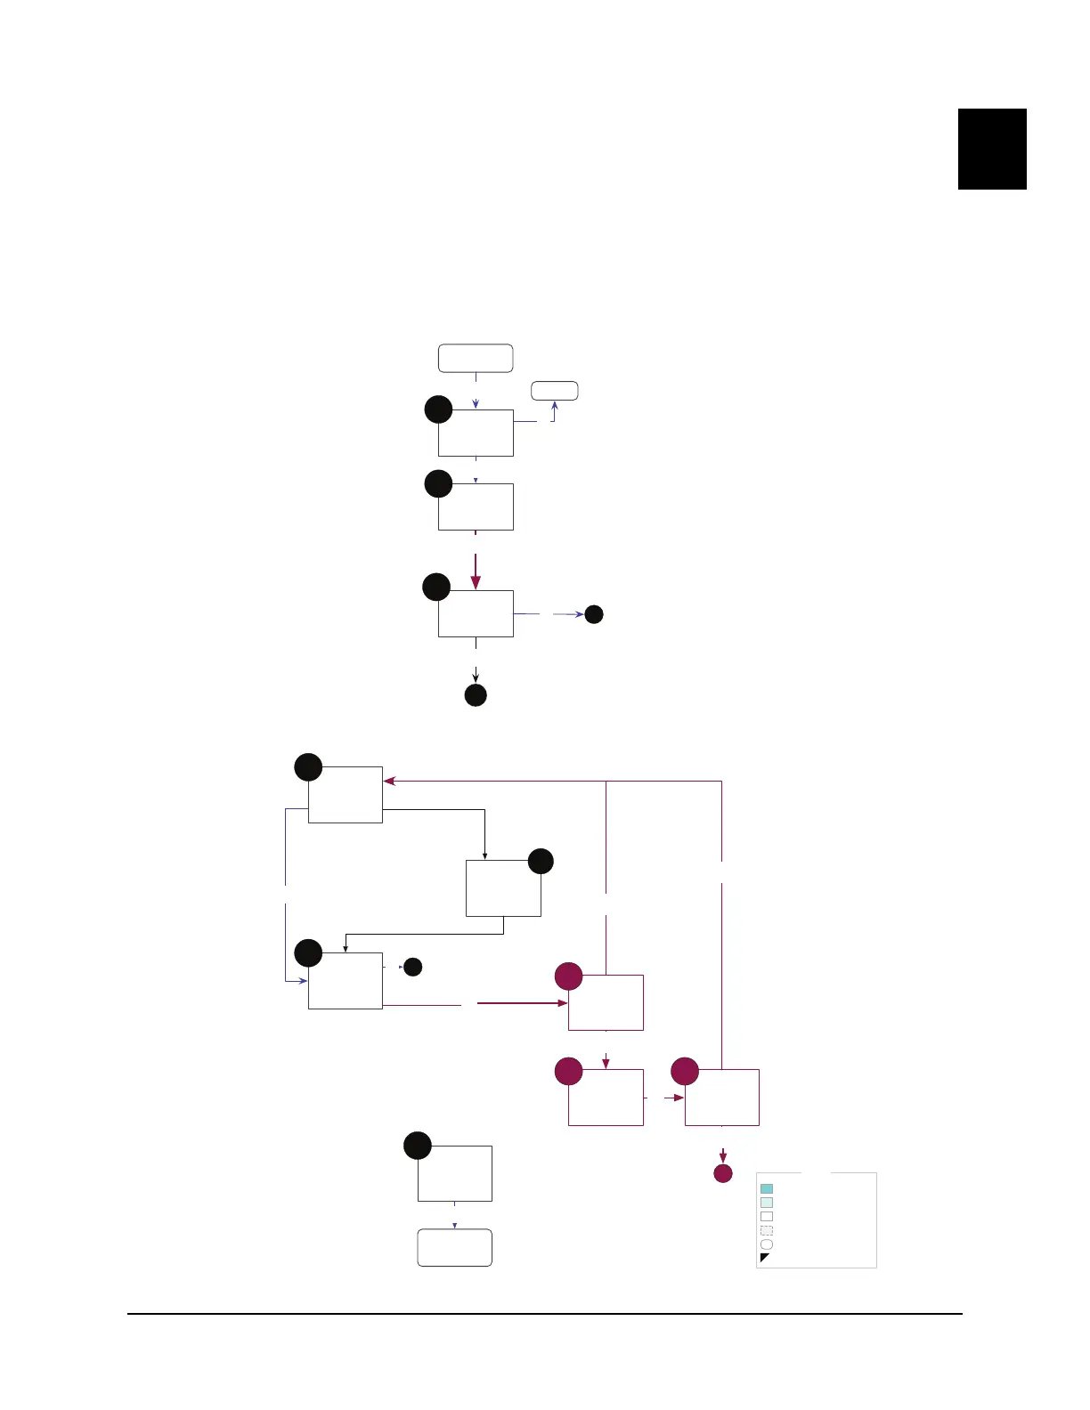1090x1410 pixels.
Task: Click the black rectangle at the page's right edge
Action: (x=992, y=149)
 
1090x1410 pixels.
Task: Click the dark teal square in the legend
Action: (x=767, y=1188)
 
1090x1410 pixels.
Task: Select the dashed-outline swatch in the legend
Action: (x=767, y=1230)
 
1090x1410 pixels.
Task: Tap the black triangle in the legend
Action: (x=764, y=1257)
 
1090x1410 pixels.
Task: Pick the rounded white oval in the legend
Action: (x=767, y=1244)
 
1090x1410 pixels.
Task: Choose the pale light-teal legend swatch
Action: (x=767, y=1203)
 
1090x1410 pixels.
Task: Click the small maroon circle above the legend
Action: (x=723, y=1173)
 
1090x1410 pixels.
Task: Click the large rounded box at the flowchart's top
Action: (x=476, y=358)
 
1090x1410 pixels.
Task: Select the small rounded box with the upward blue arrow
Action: (x=555, y=391)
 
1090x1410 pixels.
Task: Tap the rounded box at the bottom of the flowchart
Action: (x=455, y=1247)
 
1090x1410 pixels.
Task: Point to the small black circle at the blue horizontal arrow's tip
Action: (x=594, y=614)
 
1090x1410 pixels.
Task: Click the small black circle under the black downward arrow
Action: (x=476, y=695)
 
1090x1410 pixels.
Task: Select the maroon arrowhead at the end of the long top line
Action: (x=389, y=781)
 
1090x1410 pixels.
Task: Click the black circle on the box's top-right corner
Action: (x=541, y=861)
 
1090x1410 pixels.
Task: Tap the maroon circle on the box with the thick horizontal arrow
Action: (x=569, y=976)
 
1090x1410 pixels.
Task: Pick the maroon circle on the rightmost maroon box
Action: (x=685, y=1071)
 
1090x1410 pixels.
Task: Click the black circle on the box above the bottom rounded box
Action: (x=418, y=1146)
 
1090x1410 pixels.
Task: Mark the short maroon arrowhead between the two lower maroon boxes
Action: (x=679, y=1098)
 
